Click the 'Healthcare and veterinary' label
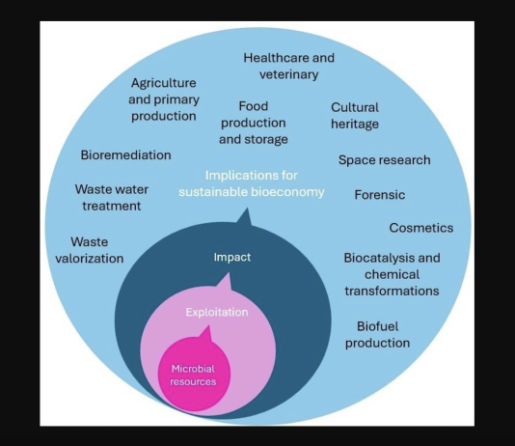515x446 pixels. point(288,66)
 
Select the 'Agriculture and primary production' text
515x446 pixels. point(164,99)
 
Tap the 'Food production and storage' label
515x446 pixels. point(254,123)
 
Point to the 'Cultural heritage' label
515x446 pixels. point(355,116)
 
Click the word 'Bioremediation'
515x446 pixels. point(125,155)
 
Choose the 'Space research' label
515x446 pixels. point(384,160)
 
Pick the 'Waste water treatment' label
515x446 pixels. point(112,198)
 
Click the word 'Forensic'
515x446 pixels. point(380,195)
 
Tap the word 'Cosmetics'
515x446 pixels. point(421,228)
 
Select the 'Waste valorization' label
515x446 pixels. point(90,250)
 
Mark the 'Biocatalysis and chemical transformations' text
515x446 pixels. point(392,274)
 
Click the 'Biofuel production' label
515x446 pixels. point(377,335)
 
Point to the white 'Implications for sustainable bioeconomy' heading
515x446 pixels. point(252,183)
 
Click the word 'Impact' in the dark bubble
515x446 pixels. point(232,257)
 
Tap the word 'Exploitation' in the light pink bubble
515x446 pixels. point(217,312)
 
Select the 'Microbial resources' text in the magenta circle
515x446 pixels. point(193,375)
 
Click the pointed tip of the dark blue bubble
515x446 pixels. point(247,209)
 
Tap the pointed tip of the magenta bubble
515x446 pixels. point(208,326)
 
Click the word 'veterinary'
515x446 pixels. point(288,74)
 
